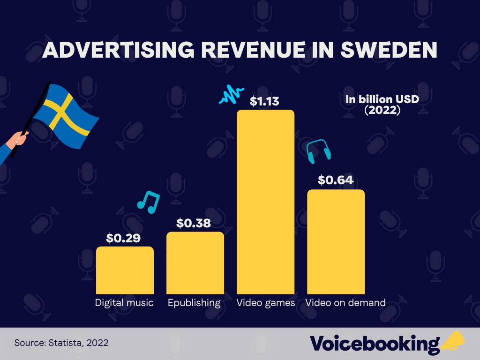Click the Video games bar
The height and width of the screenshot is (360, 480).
[265, 202]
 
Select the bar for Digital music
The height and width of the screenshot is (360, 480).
[125, 270]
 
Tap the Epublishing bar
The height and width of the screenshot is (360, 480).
[195, 263]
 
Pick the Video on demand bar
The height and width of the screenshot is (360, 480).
[336, 241]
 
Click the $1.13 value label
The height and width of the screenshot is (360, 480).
[264, 102]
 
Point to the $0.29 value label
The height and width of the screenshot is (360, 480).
[123, 238]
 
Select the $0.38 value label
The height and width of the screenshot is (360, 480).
[194, 223]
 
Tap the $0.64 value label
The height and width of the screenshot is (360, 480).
[335, 180]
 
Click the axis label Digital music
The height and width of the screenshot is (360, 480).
[124, 303]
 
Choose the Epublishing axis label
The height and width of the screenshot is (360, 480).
[194, 303]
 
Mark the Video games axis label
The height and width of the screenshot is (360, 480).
[265, 303]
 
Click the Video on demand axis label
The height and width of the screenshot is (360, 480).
[345, 303]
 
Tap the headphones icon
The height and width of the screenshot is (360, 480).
[319, 150]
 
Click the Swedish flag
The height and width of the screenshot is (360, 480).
[66, 115]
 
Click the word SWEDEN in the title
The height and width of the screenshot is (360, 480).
[389, 50]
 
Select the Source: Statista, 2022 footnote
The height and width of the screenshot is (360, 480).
[61, 343]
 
